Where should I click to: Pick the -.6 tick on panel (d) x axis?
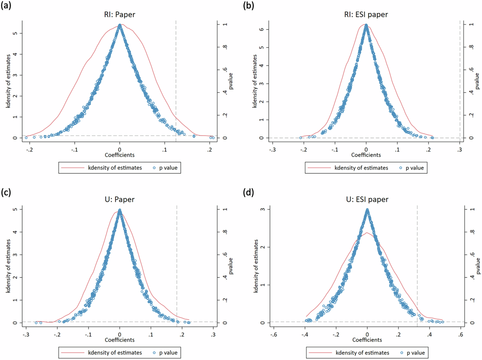pyautogui.click(x=274, y=334)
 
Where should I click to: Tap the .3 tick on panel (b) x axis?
pyautogui.click(x=460, y=149)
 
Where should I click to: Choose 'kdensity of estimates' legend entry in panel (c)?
pyautogui.click(x=115, y=353)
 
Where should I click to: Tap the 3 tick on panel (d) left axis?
pyautogui.click(x=262, y=209)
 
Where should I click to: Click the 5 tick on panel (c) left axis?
pyautogui.click(x=15, y=209)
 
